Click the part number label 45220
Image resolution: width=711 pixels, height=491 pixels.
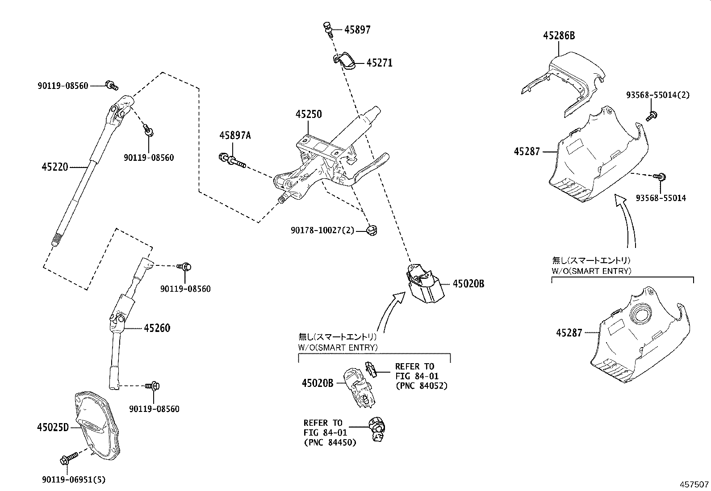(54, 167)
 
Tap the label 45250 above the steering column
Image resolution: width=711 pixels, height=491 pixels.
(308, 114)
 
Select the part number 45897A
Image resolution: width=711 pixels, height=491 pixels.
(234, 135)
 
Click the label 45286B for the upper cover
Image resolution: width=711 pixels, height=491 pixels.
(559, 36)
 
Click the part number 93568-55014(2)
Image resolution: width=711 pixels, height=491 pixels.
(657, 95)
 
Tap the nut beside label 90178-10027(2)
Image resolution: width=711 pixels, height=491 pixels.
(371, 231)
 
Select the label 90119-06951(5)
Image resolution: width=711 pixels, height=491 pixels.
(74, 480)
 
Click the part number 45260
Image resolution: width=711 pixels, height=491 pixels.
(157, 328)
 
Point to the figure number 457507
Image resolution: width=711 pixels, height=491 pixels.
(694, 484)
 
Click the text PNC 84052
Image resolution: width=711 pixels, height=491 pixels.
(421, 386)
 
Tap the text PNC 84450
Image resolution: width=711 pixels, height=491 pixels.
(330, 442)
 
